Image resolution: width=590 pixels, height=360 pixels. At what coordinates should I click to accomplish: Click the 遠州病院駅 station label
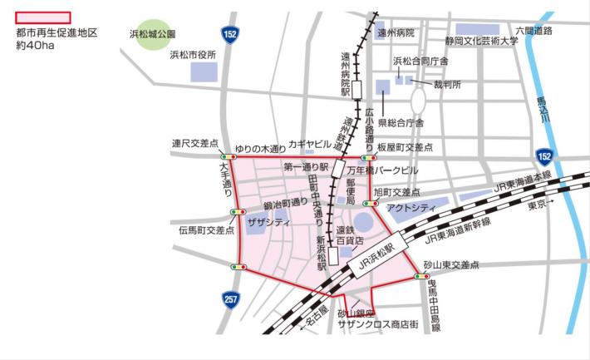click(x=347, y=70)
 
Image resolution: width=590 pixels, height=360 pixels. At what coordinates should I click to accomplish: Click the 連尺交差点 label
click(x=194, y=142)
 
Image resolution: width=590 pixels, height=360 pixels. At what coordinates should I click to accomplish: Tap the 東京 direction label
click(x=540, y=204)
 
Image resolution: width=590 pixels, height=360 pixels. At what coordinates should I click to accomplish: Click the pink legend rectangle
click(x=42, y=17)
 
